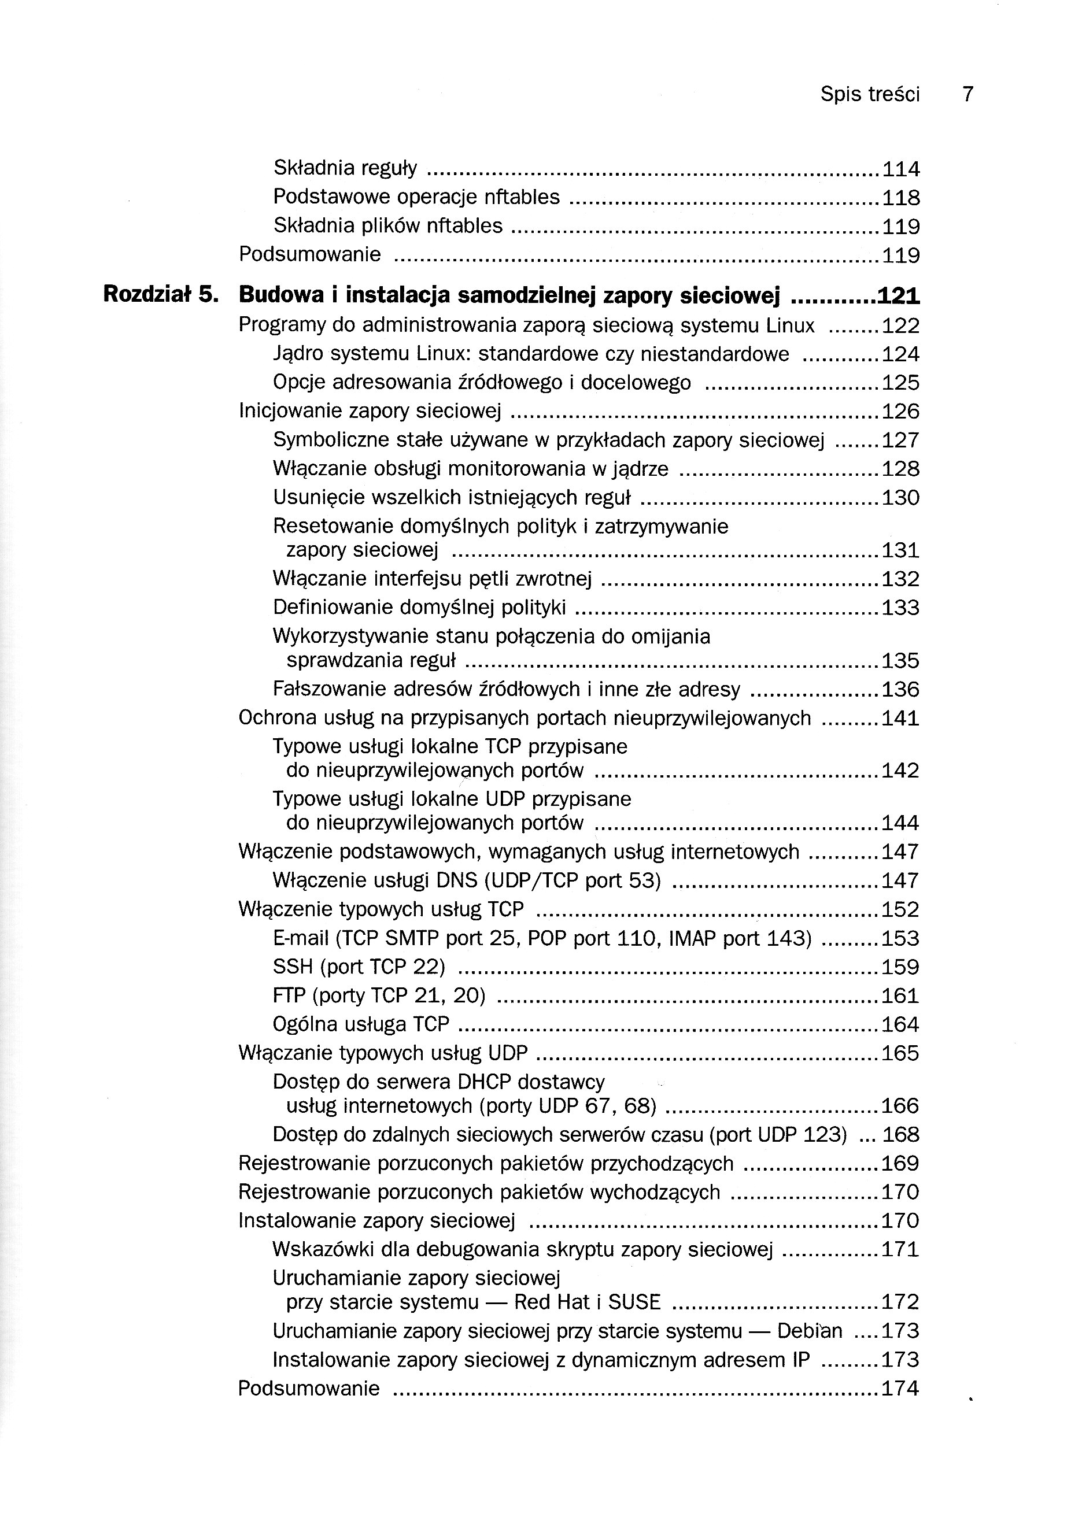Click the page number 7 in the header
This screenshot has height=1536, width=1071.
click(967, 94)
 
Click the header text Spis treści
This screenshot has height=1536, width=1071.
click(870, 94)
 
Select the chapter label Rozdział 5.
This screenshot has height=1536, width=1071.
click(161, 294)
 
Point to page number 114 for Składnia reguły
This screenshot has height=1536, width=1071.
click(901, 169)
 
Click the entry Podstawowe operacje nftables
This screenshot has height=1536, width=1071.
click(416, 197)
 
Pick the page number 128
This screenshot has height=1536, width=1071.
click(901, 469)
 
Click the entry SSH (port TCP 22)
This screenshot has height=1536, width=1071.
click(359, 967)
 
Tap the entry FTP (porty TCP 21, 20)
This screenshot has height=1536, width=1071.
click(379, 995)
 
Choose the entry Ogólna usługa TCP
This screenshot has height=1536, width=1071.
click(361, 1024)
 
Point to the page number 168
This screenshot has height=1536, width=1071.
click(901, 1135)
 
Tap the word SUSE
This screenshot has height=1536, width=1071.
click(634, 1302)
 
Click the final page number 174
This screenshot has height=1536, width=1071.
click(900, 1388)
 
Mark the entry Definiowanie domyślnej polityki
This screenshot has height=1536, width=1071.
click(419, 608)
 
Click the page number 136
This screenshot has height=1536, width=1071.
click(901, 690)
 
